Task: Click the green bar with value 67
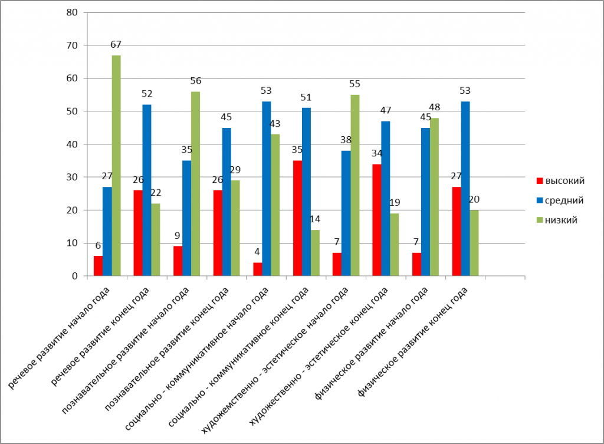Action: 116,166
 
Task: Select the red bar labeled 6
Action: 98,266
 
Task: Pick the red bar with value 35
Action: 297,218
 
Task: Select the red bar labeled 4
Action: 257,269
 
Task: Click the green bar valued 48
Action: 435,197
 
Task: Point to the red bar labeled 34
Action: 377,220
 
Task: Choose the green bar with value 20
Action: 474,243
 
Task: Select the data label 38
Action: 346,140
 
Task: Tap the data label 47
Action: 386,111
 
